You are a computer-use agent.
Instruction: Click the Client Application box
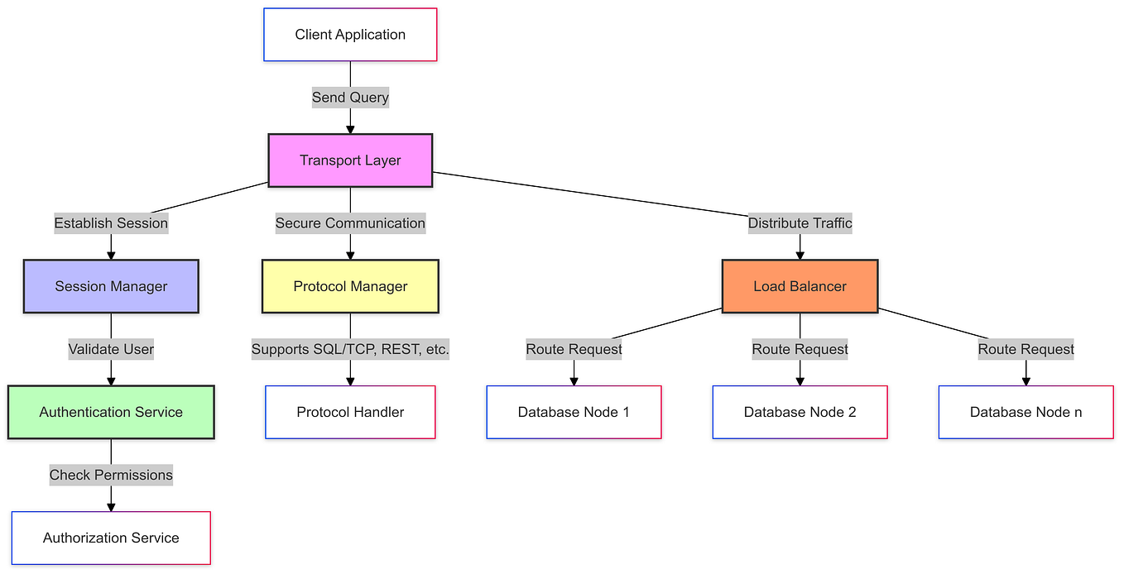[x=350, y=35]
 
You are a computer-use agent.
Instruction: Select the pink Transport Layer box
[x=350, y=160]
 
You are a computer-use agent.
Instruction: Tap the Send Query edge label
[x=350, y=98]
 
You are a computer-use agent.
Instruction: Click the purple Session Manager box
[x=111, y=286]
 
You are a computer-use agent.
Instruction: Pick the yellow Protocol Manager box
[x=350, y=286]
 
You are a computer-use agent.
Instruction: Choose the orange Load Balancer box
[x=800, y=286]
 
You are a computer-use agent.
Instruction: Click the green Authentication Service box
[x=111, y=412]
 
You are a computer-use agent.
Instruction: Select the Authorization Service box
[x=111, y=538]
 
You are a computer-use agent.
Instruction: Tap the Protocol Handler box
[x=350, y=412]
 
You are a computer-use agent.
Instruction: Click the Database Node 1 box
[x=574, y=412]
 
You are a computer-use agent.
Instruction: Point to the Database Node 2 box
[x=800, y=412]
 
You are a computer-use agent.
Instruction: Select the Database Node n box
[x=1026, y=412]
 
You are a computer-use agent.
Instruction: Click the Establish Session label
[x=111, y=223]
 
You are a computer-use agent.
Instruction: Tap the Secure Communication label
[x=350, y=223]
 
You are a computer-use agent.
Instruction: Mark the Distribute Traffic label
[x=800, y=223]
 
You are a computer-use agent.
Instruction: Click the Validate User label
[x=111, y=349]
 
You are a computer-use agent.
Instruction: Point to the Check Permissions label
[x=111, y=475]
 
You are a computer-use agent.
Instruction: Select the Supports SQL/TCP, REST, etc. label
[x=350, y=349]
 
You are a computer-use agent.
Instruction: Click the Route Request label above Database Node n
[x=1026, y=349]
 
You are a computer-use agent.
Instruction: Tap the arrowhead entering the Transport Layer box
[x=350, y=129]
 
